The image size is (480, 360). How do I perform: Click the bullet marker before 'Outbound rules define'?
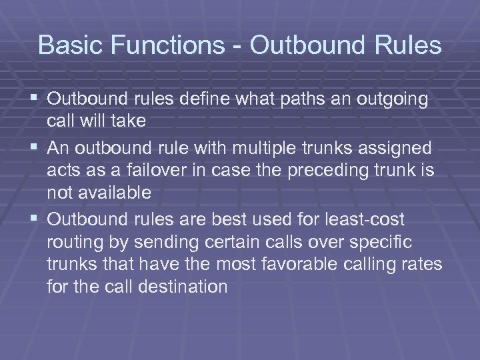35,99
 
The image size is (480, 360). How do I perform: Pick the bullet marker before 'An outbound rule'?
35,146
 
